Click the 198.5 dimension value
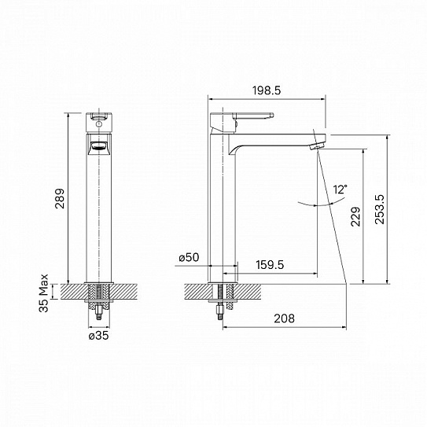[267, 91]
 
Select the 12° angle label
[340, 190]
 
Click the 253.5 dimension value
[381, 211]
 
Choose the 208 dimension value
[285, 318]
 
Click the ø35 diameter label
[98, 335]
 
